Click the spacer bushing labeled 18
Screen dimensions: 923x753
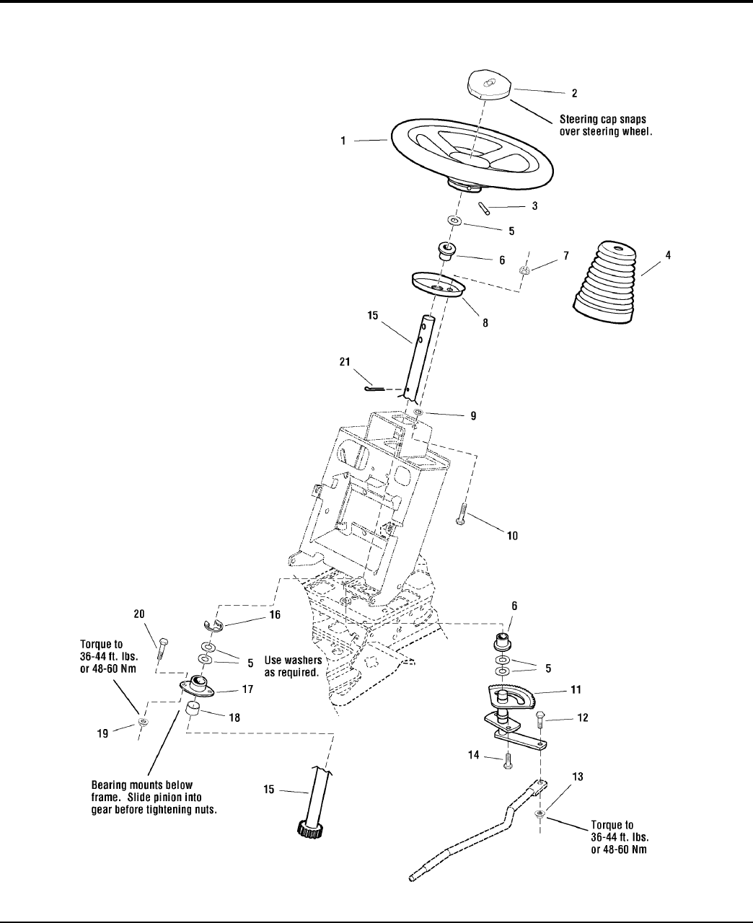[x=193, y=710]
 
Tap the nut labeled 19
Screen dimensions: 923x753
[x=143, y=722]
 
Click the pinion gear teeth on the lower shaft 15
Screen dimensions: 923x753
[x=309, y=828]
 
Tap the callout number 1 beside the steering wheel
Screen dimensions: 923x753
[x=344, y=142]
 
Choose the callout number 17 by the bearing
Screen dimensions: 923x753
[x=247, y=690]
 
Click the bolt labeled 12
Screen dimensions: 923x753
[x=540, y=720]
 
